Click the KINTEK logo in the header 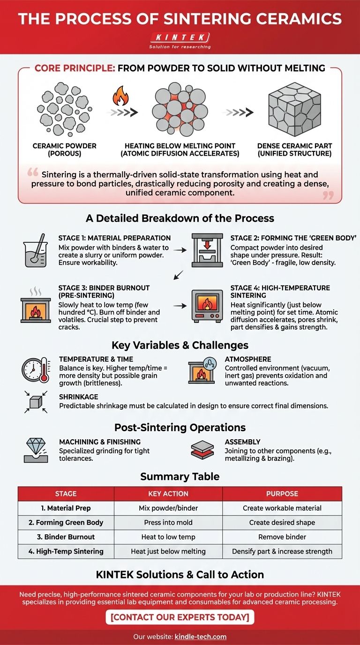(180, 37)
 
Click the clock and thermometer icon (36, 370)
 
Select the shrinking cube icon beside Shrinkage (35, 403)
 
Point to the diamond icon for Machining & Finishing (36, 450)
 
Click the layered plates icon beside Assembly (202, 450)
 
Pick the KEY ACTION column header (168, 494)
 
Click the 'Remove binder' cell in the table (282, 537)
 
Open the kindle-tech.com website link (200, 636)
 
